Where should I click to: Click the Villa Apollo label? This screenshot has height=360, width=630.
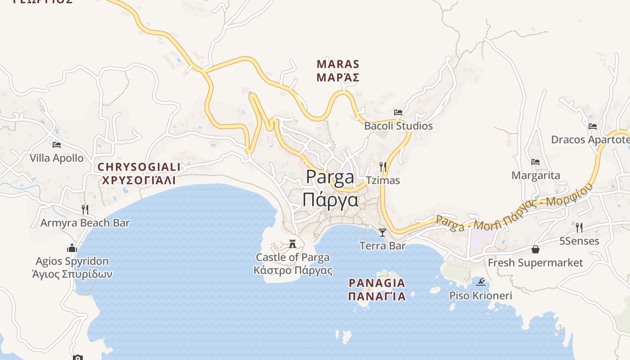click(57, 158)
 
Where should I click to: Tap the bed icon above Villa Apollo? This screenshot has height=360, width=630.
click(57, 145)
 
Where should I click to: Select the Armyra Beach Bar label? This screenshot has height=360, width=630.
click(85, 223)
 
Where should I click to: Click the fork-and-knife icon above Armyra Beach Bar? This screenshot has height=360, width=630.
click(85, 209)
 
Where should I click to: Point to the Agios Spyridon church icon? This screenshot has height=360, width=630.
click(72, 248)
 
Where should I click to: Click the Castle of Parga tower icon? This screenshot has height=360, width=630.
click(292, 244)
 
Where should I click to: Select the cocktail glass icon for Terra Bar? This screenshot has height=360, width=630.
click(382, 233)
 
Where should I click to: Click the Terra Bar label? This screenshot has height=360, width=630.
click(382, 246)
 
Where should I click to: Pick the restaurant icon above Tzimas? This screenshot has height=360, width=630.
click(382, 167)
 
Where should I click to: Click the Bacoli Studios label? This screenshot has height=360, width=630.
click(398, 126)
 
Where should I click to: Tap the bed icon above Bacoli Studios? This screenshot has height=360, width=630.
click(398, 112)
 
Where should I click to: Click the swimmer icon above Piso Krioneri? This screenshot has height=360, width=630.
click(481, 282)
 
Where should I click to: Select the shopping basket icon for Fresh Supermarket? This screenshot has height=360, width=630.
click(535, 249)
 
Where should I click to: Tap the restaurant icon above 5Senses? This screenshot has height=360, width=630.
click(579, 228)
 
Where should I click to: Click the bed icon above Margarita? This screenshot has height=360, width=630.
click(535, 162)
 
